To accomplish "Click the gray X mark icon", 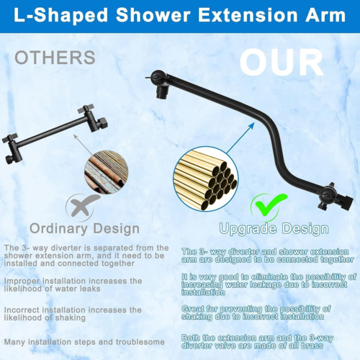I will pyautogui.click(x=81, y=207).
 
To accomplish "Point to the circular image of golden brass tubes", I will pyautogui.click(x=205, y=179).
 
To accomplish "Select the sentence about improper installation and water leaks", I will pyautogui.click(x=72, y=285).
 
